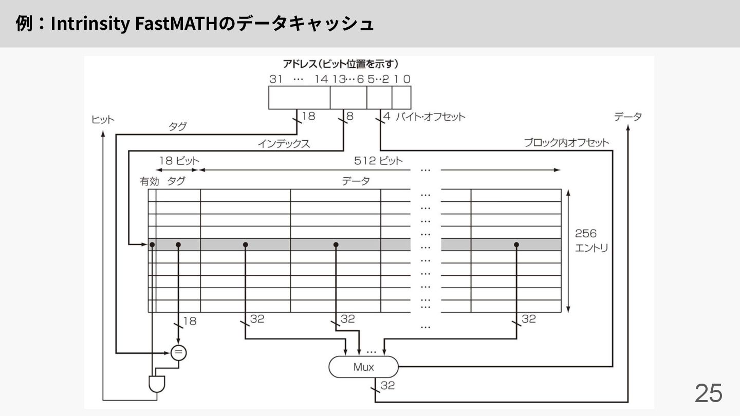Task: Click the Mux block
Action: (363, 367)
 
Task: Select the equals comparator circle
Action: (178, 352)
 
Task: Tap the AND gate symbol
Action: (154, 384)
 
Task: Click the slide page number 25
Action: (708, 393)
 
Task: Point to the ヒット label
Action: (103, 120)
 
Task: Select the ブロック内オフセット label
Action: (566, 143)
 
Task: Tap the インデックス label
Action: (284, 144)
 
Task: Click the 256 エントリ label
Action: (591, 240)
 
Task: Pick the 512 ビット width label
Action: (378, 161)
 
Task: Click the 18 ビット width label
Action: (178, 161)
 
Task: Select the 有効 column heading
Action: (150, 181)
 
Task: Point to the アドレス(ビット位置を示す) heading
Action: (341, 64)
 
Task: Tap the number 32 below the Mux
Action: (388, 385)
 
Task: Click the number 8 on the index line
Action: (350, 117)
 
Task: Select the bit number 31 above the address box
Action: (276, 79)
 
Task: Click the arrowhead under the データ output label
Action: (628, 129)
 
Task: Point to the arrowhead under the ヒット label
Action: (104, 132)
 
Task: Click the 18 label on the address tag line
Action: (308, 117)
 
